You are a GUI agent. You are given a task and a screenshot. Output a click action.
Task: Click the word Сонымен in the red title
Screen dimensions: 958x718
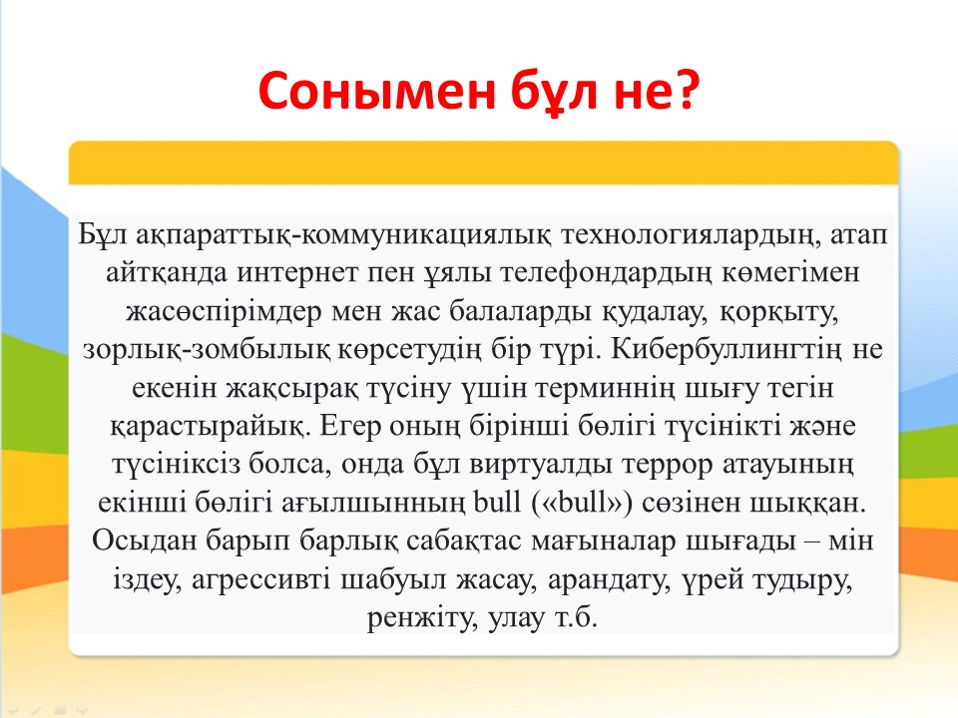click(376, 91)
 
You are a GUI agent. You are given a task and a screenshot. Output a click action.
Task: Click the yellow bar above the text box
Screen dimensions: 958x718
click(483, 163)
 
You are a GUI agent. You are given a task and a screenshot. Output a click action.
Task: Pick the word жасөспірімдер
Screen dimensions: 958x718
click(225, 312)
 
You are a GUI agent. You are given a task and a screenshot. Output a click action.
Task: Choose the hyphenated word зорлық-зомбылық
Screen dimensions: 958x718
click(207, 350)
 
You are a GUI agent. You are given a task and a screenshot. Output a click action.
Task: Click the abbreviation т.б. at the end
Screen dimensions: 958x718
click(576, 618)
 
